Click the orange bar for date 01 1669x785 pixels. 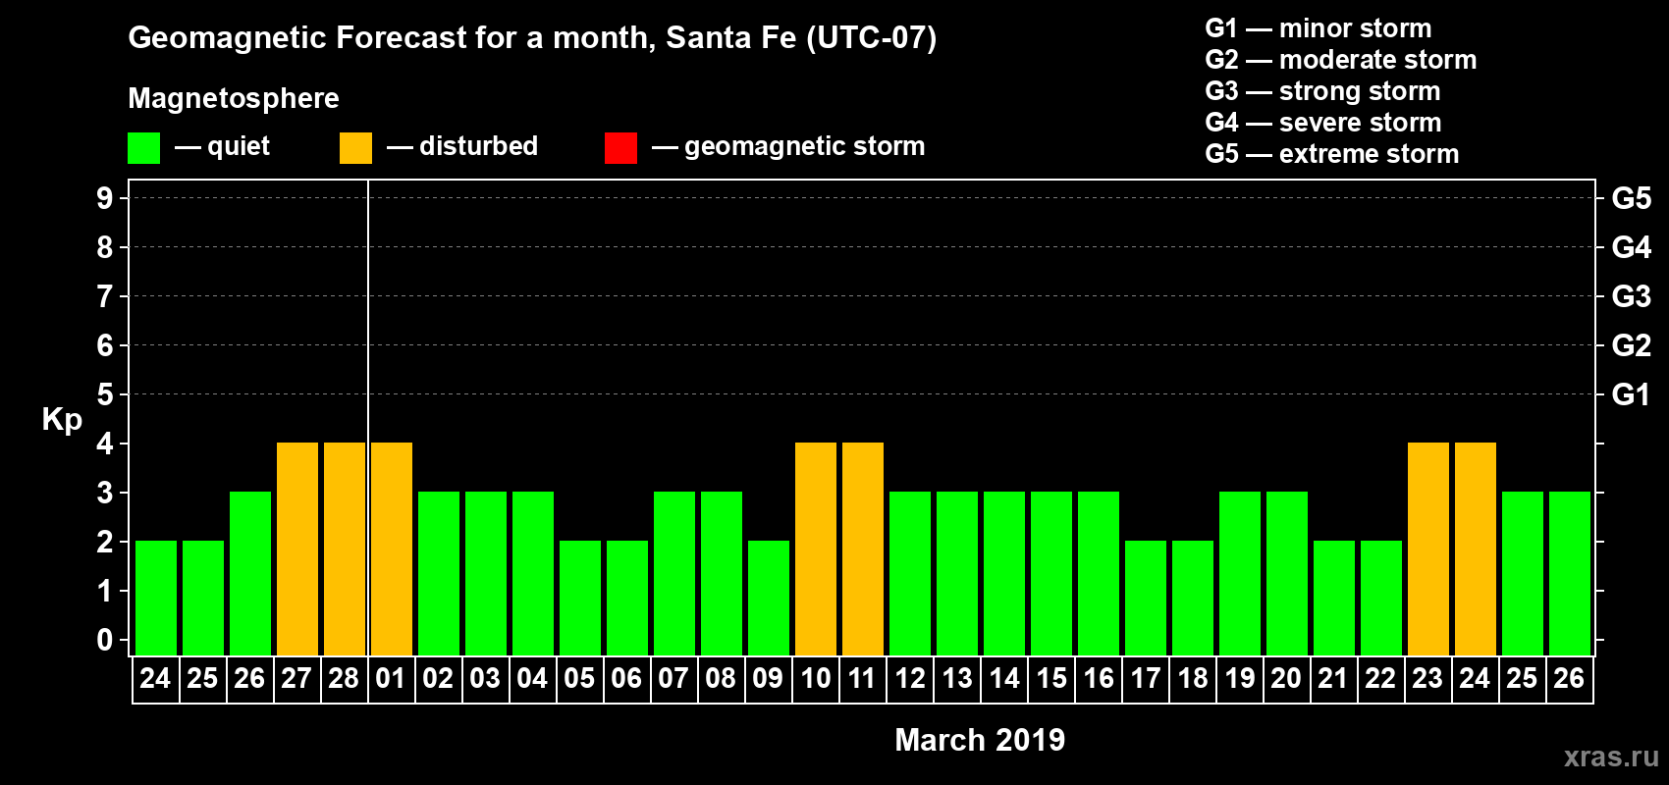(x=392, y=549)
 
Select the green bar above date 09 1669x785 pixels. (x=769, y=598)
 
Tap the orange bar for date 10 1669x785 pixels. (x=816, y=549)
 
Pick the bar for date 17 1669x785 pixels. (x=1146, y=598)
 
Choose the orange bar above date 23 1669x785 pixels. (x=1428, y=549)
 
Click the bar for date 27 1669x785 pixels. (x=297, y=549)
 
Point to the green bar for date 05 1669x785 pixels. (x=580, y=598)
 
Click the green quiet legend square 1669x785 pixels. (x=144, y=148)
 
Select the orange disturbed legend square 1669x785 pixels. (x=355, y=148)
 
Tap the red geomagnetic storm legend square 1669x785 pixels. (x=620, y=148)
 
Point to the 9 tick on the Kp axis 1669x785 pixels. (x=105, y=198)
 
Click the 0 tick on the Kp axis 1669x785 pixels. (x=105, y=640)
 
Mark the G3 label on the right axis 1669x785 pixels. (x=1631, y=296)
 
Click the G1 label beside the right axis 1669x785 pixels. (x=1631, y=394)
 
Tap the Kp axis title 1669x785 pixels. (x=62, y=419)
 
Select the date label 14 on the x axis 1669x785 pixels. (x=1004, y=678)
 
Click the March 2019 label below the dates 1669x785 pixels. (x=980, y=740)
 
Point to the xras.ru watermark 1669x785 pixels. (x=1611, y=757)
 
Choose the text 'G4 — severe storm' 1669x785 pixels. (x=1323, y=123)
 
